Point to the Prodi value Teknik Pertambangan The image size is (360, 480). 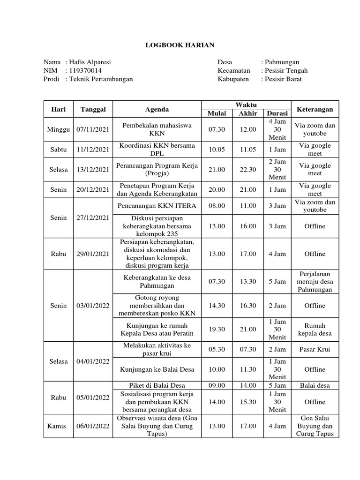pyautogui.click(x=101, y=79)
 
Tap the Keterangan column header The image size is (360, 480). pyautogui.click(x=315, y=109)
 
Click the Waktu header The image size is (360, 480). pyautogui.click(x=246, y=105)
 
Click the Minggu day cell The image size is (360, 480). pyautogui.click(x=59, y=129)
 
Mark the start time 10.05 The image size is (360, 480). pyautogui.click(x=217, y=150)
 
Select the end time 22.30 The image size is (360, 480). pyautogui.click(x=247, y=169)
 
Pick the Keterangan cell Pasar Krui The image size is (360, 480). pyautogui.click(x=315, y=349)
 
